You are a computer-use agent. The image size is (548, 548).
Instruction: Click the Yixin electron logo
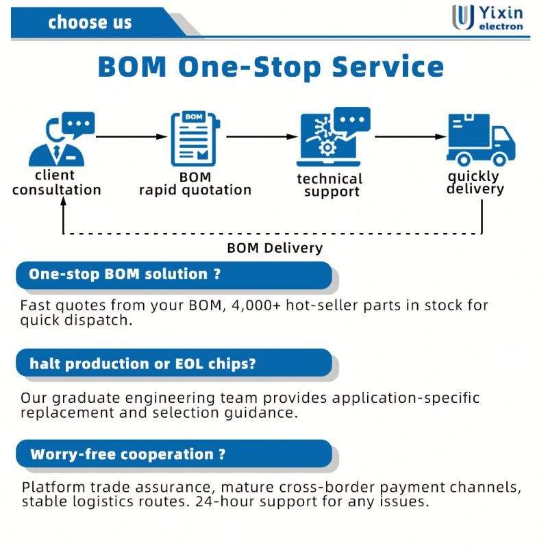488,18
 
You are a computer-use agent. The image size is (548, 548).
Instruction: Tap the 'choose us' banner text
90,23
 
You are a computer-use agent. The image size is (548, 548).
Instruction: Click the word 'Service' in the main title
388,66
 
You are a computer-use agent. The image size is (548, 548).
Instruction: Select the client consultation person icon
61,139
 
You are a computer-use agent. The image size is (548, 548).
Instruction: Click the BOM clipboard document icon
195,139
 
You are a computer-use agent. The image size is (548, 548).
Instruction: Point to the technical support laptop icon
333,137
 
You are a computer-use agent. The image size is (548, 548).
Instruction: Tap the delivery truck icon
481,140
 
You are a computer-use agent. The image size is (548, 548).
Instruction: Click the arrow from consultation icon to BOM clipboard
132,136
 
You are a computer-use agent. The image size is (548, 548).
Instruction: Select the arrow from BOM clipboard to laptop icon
262,136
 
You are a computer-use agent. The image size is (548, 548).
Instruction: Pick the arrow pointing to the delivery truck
410,136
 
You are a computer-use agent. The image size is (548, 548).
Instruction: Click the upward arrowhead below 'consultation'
63,201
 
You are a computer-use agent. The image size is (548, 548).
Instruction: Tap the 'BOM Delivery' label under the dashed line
275,248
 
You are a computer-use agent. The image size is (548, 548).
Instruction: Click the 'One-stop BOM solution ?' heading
125,274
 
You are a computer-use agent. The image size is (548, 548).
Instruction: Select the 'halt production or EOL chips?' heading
142,364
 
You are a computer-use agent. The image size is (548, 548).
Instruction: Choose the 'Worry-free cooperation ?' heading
128,454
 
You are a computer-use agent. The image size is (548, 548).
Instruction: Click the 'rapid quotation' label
195,190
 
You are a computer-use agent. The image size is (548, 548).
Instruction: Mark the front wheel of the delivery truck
499,160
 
